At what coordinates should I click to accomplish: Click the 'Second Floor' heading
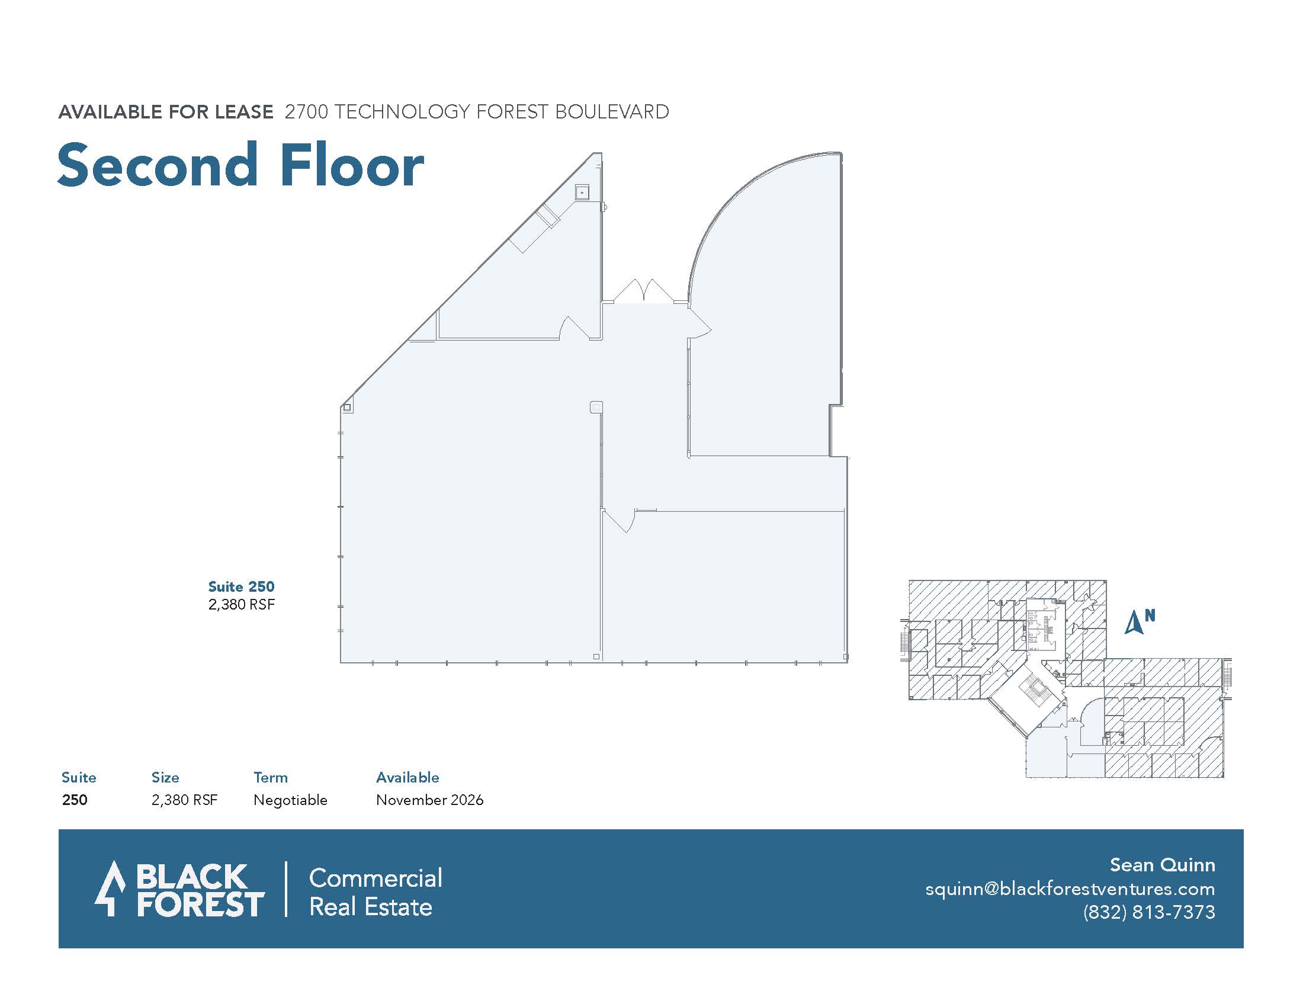click(x=240, y=165)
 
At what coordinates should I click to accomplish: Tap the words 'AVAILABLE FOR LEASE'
click(x=166, y=112)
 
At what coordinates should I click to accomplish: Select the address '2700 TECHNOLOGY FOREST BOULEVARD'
click(x=477, y=112)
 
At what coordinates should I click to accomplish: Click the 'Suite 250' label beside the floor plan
click(x=241, y=586)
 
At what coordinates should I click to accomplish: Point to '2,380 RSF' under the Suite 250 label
click(x=242, y=604)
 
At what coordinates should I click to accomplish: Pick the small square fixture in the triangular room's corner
click(x=582, y=193)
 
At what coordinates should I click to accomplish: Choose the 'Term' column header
click(x=271, y=777)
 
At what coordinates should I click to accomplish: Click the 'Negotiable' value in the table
click(x=291, y=800)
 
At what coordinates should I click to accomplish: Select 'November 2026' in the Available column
click(x=429, y=800)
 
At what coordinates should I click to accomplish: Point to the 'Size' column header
click(x=165, y=777)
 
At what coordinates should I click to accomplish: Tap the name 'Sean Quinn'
click(x=1162, y=865)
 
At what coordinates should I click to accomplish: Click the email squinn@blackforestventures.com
click(x=1070, y=889)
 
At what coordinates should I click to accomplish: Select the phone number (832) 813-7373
click(x=1149, y=912)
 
